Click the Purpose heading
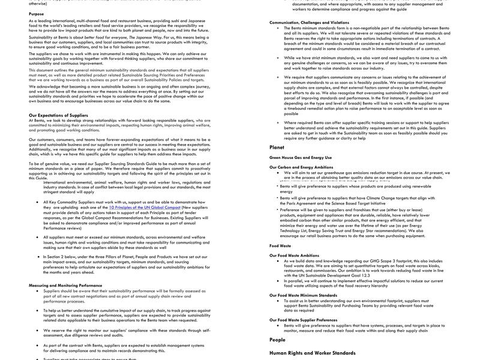[36, 14]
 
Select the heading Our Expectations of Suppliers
[58, 115]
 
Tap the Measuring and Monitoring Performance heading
[65, 285]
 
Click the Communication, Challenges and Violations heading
[309, 22]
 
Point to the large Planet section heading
[277, 147]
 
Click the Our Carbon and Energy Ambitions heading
[301, 167]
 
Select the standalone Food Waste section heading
[280, 245]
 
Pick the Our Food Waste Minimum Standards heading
[303, 295]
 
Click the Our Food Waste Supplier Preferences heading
[303, 319]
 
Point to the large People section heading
[277, 340]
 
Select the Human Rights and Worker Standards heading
[313, 353]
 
